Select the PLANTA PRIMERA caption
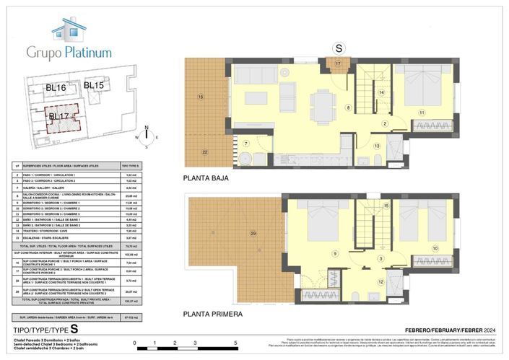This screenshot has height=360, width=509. (x=214, y=315)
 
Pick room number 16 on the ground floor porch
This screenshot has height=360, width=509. (x=201, y=97)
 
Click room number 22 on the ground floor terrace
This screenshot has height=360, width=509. (x=205, y=152)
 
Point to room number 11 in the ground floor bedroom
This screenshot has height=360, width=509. (x=421, y=112)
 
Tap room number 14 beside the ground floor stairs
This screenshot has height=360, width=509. (x=381, y=92)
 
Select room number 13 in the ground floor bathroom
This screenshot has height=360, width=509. (x=377, y=146)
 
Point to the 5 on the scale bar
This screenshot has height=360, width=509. (x=236, y=344)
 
